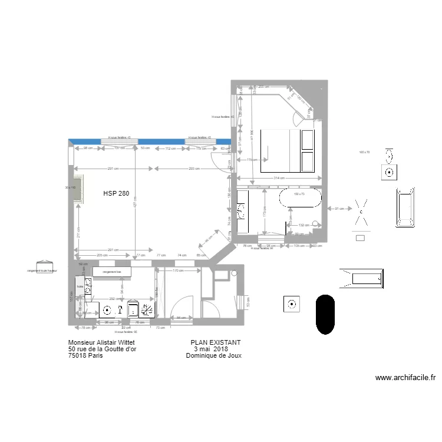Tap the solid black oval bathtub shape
point(325,314)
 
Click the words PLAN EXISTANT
point(216,342)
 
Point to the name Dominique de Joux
point(213,355)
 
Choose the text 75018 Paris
point(85,355)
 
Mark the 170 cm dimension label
point(176,271)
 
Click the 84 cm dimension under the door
point(181,318)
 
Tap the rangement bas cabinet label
point(112,272)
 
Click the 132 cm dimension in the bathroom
point(302,225)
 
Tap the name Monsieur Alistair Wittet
point(105,342)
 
